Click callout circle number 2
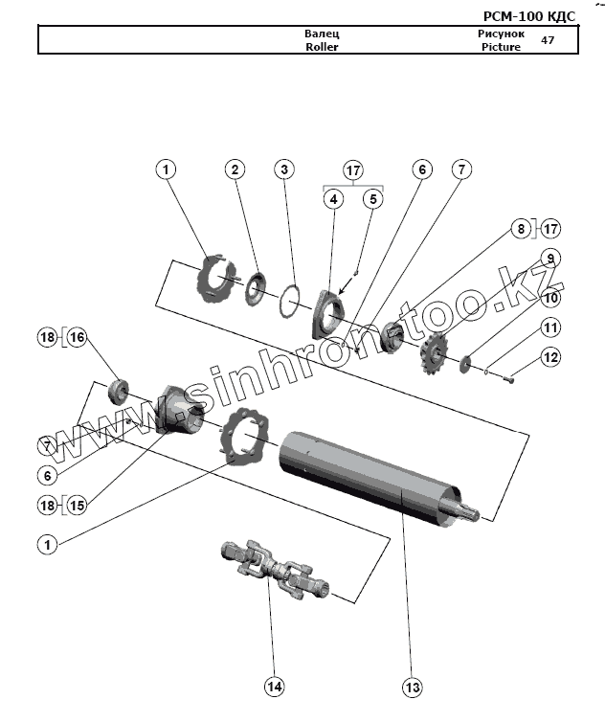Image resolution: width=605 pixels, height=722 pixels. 235,169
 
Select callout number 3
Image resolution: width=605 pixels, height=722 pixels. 283,169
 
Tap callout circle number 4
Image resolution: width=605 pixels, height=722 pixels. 333,199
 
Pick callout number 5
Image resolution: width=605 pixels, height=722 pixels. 373,199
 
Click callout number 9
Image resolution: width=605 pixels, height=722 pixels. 549,258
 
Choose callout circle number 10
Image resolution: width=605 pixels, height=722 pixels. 549,298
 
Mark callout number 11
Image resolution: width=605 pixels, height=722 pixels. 549,327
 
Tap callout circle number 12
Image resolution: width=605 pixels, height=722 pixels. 549,357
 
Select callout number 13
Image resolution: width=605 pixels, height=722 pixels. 413,687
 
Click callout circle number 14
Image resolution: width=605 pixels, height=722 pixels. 275,687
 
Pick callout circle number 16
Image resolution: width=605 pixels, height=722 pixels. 76,337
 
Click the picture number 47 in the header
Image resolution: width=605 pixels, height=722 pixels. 548,40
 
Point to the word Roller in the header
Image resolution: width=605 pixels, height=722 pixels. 322,46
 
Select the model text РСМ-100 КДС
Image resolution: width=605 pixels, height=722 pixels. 529,17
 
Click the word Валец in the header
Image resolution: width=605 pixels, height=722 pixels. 322,34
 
